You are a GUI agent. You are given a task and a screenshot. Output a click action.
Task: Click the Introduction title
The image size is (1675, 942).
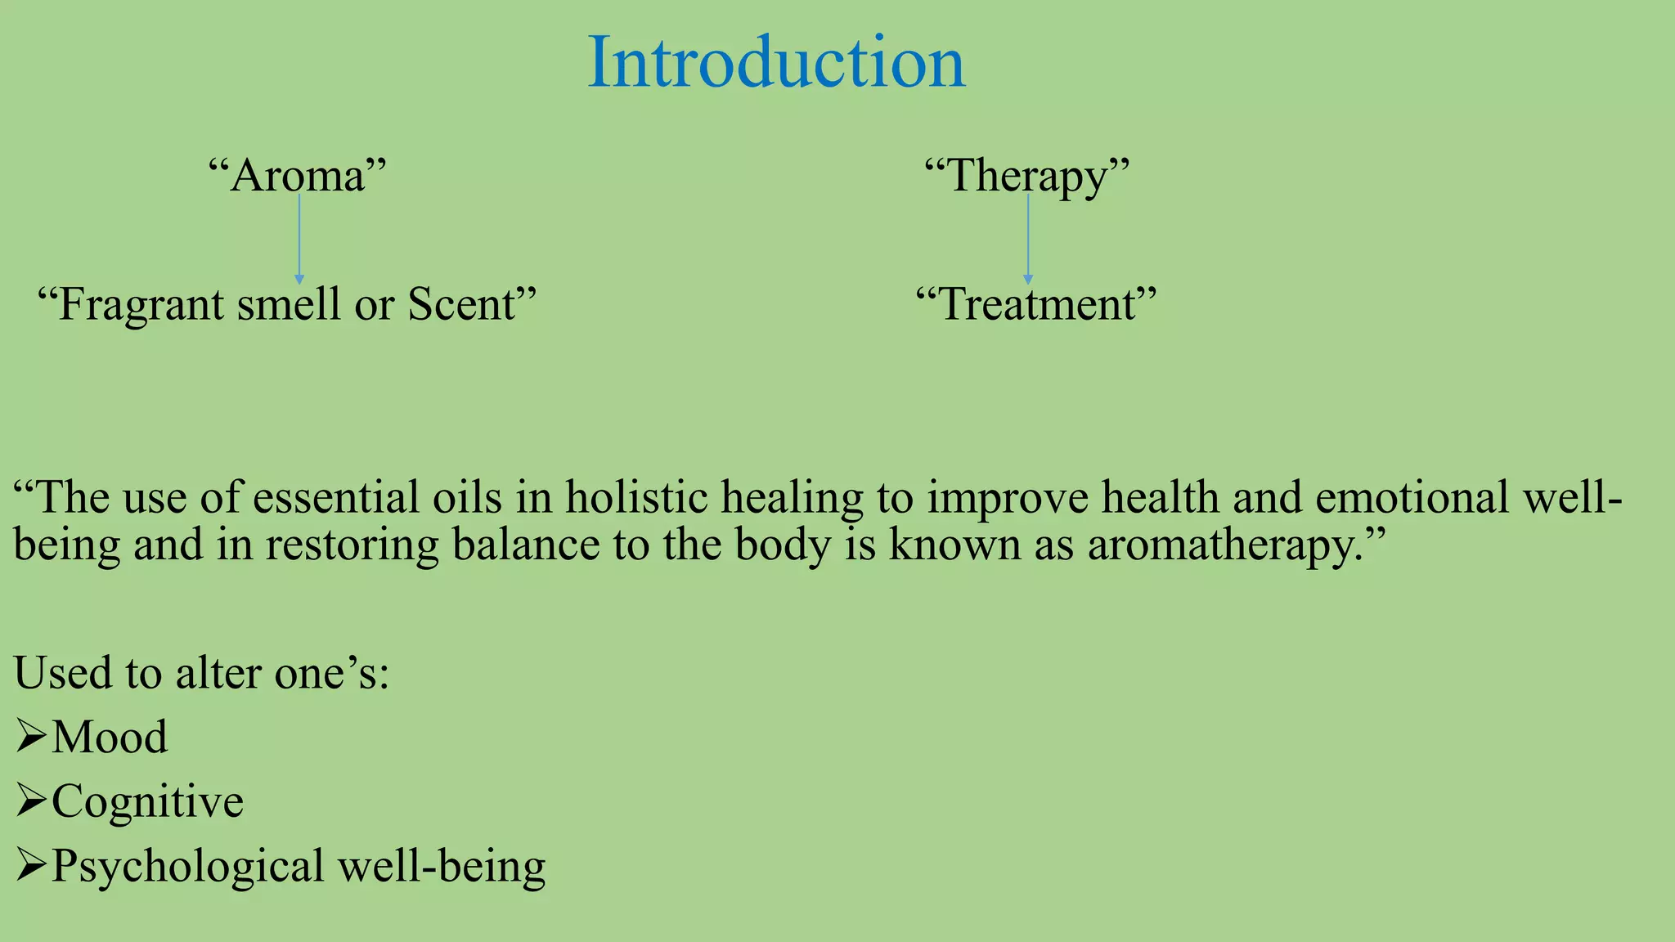point(776,62)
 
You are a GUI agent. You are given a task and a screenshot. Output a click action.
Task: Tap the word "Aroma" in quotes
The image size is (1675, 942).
point(297,175)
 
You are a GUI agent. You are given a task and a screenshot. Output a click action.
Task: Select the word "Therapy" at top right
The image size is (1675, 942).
point(1026,175)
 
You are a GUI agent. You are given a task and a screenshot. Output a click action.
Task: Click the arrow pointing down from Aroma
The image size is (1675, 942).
point(299,240)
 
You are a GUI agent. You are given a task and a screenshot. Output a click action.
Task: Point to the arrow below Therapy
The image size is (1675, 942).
point(1028,240)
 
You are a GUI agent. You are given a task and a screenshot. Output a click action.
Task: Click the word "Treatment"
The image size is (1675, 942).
point(1036,304)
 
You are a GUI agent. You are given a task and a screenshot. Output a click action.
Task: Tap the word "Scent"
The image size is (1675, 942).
point(462,304)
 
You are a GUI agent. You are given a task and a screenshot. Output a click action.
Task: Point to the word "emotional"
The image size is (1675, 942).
point(1412,497)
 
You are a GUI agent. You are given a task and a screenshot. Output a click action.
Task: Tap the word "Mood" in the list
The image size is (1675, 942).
point(110,737)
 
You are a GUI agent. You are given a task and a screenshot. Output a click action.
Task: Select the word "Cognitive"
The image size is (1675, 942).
point(147,801)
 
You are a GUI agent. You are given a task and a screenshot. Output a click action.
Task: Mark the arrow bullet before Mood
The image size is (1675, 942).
point(30,737)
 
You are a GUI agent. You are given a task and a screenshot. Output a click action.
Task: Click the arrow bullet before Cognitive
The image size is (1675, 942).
point(30,801)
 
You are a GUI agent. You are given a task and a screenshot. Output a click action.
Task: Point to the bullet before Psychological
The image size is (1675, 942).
point(30,866)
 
